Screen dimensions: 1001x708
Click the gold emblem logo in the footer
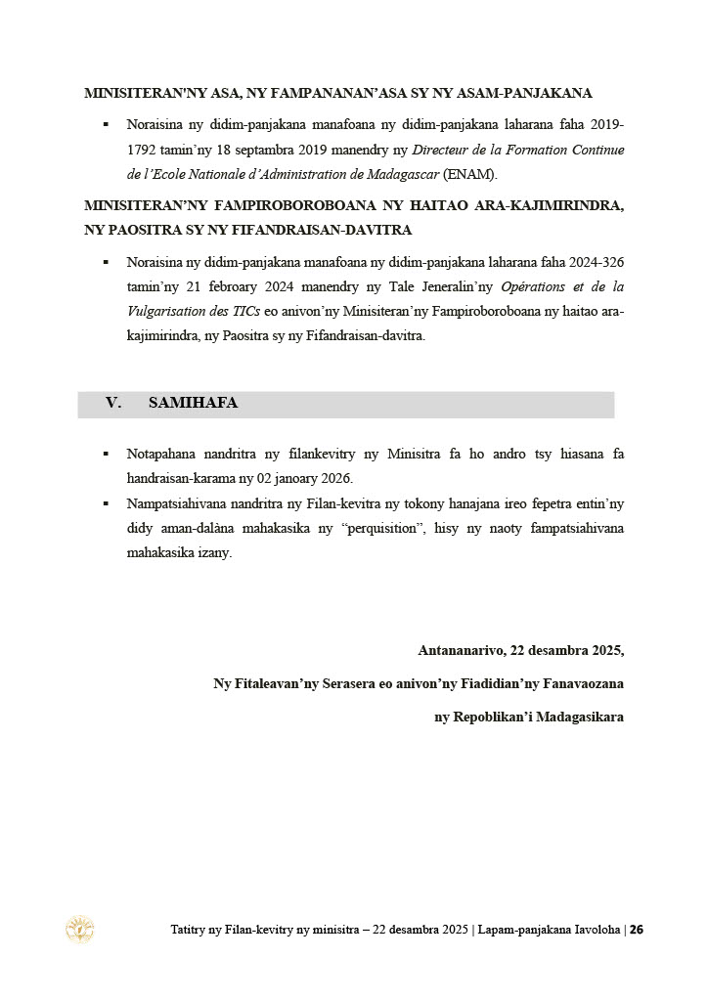pyautogui.click(x=79, y=929)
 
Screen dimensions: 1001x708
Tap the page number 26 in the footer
pyautogui.click(x=636, y=930)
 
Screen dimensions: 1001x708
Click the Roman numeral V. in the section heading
pyautogui.click(x=113, y=403)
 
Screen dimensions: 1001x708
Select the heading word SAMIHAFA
pyautogui.click(x=194, y=403)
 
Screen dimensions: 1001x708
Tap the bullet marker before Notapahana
pyautogui.click(x=106, y=455)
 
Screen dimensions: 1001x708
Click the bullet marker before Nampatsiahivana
pyautogui.click(x=106, y=502)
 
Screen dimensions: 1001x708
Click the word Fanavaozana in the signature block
pyautogui.click(x=578, y=683)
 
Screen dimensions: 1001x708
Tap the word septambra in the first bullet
pyautogui.click(x=255, y=150)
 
